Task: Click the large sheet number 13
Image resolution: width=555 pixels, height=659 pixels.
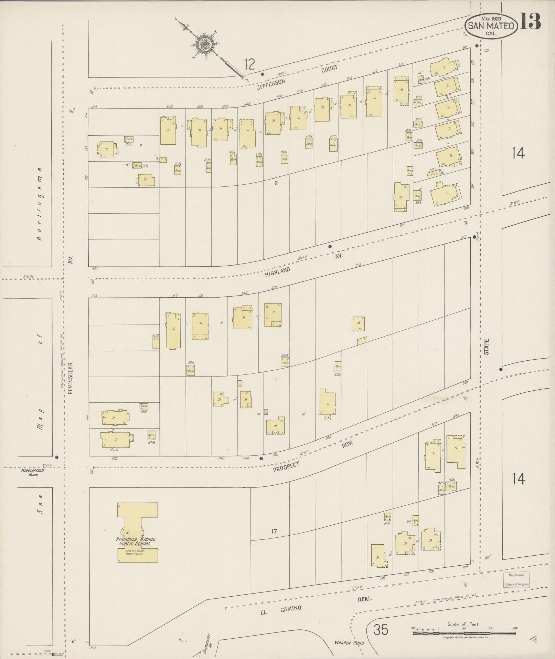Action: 530,21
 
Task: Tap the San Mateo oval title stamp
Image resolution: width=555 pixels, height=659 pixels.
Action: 491,26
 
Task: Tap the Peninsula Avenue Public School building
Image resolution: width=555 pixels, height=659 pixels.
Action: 137,533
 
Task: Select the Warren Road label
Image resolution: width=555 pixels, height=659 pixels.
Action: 349,643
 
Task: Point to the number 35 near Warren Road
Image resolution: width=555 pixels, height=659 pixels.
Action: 381,630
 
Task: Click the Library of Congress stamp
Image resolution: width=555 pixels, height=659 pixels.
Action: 516,580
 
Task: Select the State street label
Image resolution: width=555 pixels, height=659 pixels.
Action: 487,346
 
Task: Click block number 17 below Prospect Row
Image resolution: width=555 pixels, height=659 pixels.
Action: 274,531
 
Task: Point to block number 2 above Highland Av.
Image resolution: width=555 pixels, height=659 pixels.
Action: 276,183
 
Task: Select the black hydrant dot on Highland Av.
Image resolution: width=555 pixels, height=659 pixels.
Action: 330,246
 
